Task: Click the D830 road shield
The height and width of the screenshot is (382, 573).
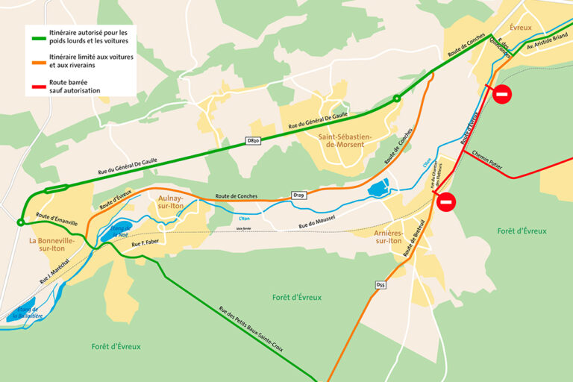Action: [x=254, y=140]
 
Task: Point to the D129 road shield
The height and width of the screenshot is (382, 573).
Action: [x=298, y=195]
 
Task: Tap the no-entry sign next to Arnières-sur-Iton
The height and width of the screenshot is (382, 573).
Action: [x=446, y=201]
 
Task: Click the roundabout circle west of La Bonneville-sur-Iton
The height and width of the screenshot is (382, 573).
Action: [x=20, y=222]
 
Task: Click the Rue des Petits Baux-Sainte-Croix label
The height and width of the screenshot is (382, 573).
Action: [x=251, y=328]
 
